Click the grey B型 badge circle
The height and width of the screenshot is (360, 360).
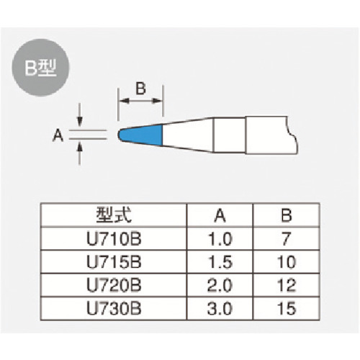[40, 68]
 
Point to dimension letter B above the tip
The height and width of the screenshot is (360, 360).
[140, 89]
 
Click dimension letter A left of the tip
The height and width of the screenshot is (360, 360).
[58, 135]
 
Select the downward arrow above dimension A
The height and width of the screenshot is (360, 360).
[80, 114]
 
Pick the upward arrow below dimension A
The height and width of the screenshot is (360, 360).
[80, 153]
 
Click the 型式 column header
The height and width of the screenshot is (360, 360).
[114, 215]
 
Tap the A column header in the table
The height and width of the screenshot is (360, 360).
[220, 215]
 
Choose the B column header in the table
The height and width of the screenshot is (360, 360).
[287, 215]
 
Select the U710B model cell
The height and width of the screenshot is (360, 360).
[114, 239]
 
